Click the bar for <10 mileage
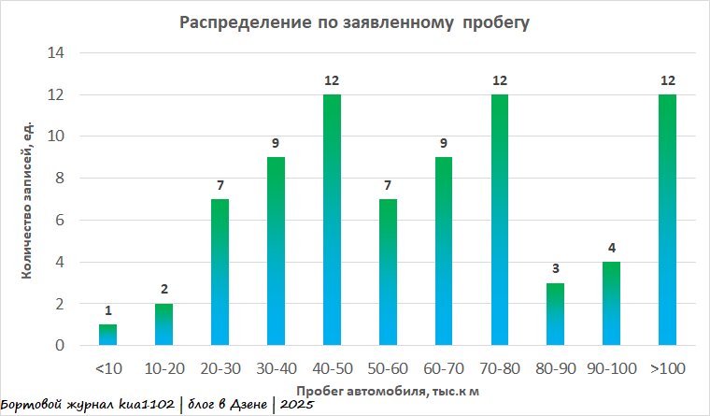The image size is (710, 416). coord(108,336)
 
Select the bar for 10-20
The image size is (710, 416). coord(163,325)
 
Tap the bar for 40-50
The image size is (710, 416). coord(331,221)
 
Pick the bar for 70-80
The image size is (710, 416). coord(499,221)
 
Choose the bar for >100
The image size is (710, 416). coord(666,221)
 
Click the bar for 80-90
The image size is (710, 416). coord(555,315)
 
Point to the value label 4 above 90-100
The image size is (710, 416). coord(611,249)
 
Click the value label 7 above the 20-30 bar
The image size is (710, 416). coord(220,186)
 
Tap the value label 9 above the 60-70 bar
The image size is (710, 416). coord(443,144)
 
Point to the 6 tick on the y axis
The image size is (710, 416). coord(60,221)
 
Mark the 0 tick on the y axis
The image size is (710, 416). coord(60,346)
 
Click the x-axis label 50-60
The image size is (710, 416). coord(387,369)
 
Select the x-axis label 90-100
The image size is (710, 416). coord(610,369)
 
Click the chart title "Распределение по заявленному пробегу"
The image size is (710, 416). coord(354,22)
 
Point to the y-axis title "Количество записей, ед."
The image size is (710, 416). coord(28,198)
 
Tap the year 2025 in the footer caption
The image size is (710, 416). coord(294,406)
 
